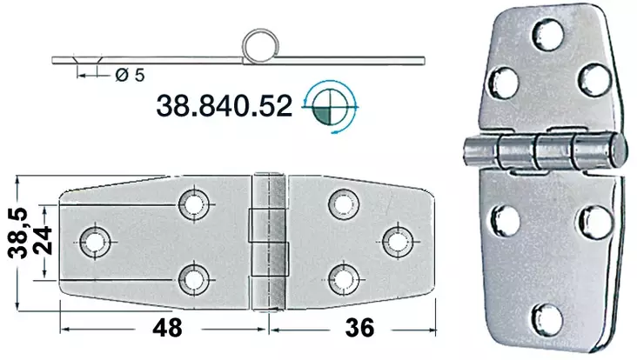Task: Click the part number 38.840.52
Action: point(223,106)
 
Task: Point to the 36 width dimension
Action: point(357,328)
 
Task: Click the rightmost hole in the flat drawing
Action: point(397,239)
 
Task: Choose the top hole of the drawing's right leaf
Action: point(340,203)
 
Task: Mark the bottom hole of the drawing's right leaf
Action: point(340,277)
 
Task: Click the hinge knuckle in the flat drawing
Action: point(269,239)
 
